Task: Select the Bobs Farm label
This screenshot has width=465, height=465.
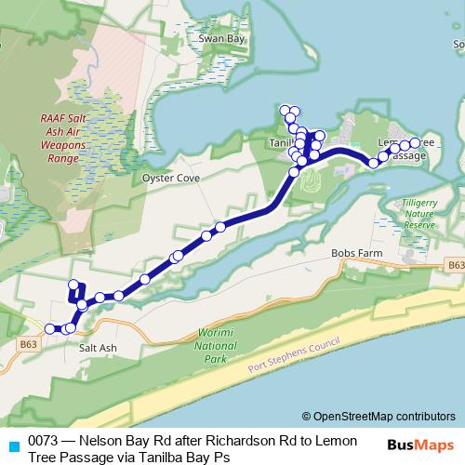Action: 352,252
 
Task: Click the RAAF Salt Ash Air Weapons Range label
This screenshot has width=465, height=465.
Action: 64,138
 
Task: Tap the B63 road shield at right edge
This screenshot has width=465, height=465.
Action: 455,266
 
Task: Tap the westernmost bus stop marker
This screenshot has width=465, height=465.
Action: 49,328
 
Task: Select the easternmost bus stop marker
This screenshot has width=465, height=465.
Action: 415,143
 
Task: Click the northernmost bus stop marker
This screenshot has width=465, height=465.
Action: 285,110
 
